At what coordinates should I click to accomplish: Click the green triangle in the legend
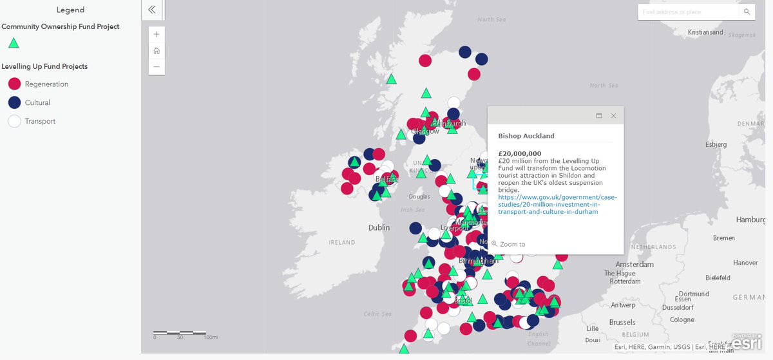coord(14,44)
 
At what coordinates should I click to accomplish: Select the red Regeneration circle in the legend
coord(14,84)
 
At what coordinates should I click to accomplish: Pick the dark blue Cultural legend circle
coord(14,102)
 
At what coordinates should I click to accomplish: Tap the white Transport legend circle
coord(14,121)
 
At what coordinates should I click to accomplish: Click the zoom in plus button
coord(157,34)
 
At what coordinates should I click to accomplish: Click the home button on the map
coord(157,50)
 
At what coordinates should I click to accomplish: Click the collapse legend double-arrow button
coord(152,10)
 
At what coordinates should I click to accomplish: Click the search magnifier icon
coord(747,12)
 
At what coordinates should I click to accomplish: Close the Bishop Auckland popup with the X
coord(613,116)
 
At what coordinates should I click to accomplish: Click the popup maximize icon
coord(599,116)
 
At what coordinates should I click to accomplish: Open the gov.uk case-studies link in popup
coord(557,204)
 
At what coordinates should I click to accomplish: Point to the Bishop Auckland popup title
coord(526,136)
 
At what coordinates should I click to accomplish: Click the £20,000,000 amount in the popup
coord(520,153)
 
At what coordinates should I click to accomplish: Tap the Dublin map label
coord(379,227)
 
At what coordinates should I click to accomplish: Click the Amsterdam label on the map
coord(634,265)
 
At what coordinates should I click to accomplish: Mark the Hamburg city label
coord(750,220)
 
